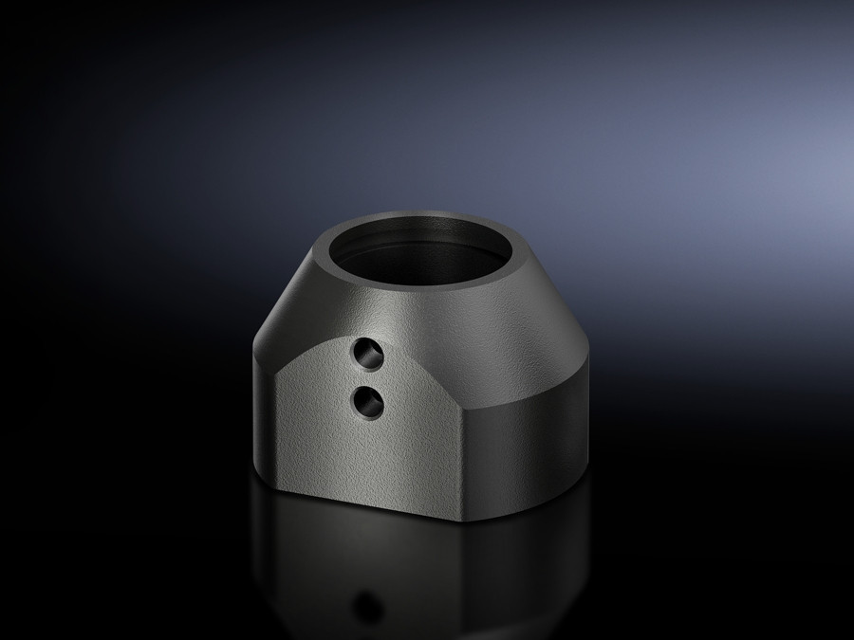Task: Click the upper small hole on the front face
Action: [365, 356]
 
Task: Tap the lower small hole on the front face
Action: [365, 402]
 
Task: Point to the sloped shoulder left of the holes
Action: [294, 322]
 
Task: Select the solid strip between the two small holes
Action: [365, 379]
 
